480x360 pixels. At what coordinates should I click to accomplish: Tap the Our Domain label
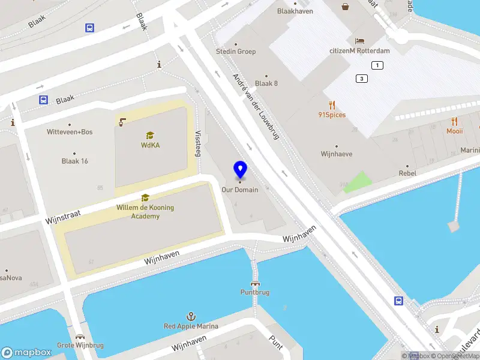coord(240,190)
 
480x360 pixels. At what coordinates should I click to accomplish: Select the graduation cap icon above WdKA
coord(150,135)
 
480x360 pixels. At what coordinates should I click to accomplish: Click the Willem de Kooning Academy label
coord(145,212)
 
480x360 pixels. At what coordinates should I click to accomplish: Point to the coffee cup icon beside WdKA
coord(122,122)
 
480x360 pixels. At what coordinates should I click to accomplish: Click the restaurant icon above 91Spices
coord(332,104)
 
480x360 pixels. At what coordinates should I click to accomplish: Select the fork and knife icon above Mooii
coord(454,121)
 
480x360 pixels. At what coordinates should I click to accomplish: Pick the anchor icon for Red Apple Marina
coord(191,316)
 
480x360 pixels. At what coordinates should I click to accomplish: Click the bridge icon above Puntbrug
coord(255,283)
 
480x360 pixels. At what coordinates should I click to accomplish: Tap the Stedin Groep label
coord(236,52)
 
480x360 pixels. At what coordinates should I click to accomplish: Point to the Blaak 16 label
coord(74,161)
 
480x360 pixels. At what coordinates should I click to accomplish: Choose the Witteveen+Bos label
coord(70,131)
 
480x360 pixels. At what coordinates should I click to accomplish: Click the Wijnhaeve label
coord(337,154)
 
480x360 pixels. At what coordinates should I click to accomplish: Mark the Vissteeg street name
coord(197,144)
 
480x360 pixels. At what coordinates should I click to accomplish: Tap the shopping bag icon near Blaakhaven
coord(346,7)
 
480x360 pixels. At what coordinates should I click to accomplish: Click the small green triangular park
coord(358,181)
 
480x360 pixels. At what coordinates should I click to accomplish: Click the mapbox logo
coord(26,352)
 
